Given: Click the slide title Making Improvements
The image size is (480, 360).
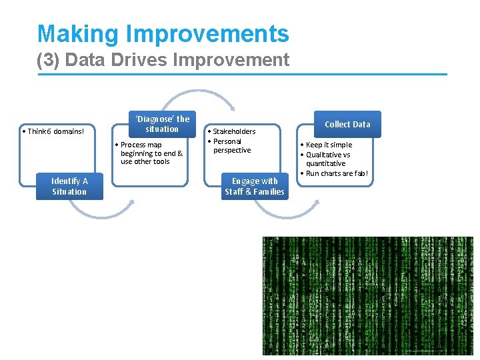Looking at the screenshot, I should (x=163, y=34).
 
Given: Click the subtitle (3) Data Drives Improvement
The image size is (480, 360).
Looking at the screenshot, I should (x=163, y=60).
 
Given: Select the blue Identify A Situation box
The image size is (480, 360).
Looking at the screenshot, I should (x=70, y=186).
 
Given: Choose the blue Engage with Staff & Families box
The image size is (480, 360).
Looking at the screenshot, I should (x=255, y=186).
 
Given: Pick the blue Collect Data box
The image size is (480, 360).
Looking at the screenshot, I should (x=347, y=124).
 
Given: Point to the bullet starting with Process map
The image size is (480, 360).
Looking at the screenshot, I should (x=149, y=153).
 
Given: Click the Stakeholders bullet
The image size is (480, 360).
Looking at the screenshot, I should (x=233, y=131).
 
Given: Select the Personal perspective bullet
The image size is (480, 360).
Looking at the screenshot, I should (x=231, y=145).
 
